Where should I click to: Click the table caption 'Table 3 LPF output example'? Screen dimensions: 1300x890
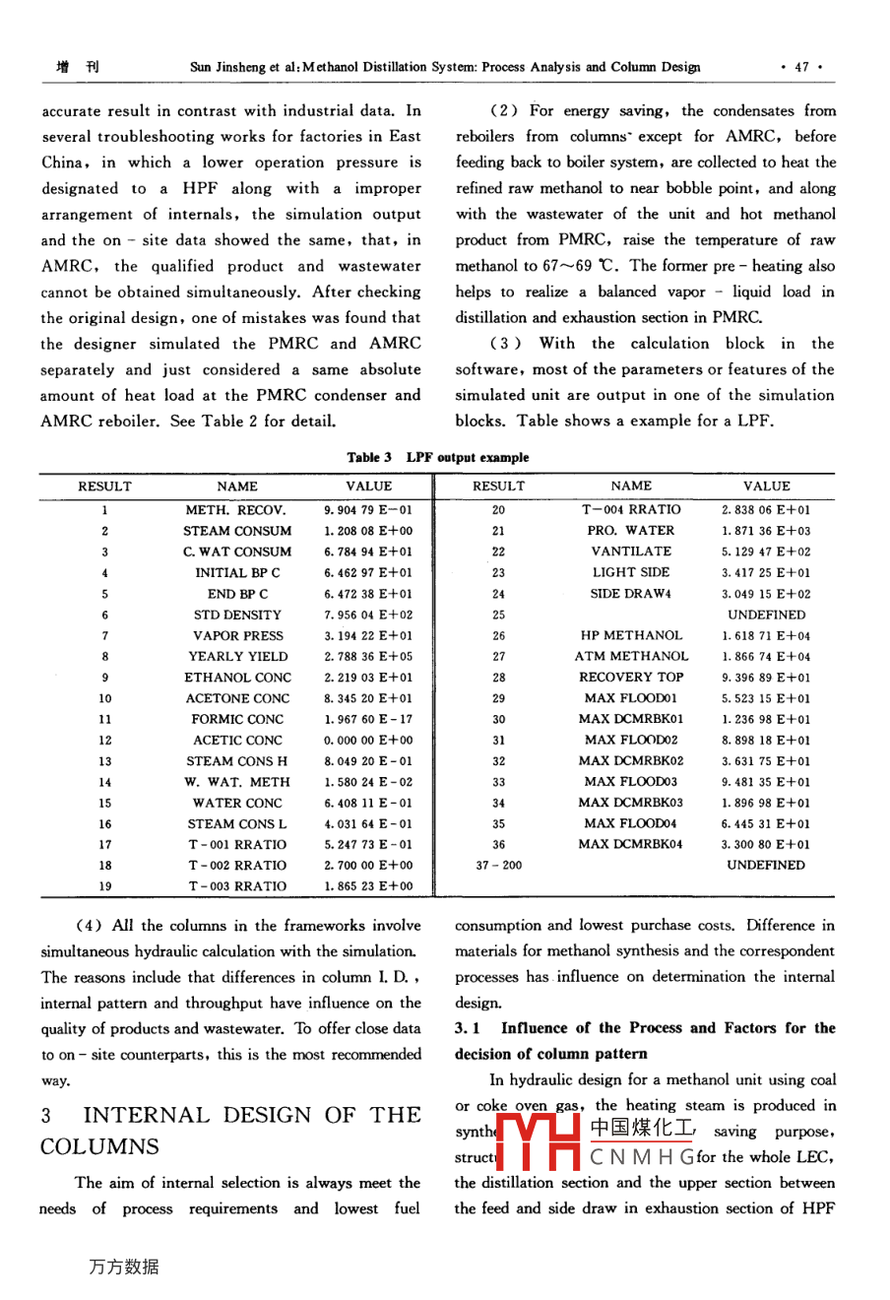[x=437, y=457]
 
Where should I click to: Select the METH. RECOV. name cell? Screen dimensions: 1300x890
[x=236, y=510]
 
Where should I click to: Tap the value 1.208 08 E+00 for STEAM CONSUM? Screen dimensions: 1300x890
[x=368, y=531]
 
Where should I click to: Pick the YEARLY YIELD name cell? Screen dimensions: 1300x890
[x=238, y=657]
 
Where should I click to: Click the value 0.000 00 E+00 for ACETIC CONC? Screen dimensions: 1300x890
[x=368, y=741]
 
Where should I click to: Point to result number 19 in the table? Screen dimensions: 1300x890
[x=105, y=886]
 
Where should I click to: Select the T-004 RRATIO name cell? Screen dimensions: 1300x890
[x=631, y=510]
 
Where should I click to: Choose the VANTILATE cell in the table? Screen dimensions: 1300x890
[x=631, y=552]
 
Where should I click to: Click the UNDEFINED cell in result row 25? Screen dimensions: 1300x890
[x=766, y=615]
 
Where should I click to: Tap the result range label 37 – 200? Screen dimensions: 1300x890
[x=499, y=866]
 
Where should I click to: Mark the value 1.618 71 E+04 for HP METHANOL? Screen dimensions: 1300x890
[x=766, y=636]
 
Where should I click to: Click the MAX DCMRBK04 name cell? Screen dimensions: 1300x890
[x=631, y=844]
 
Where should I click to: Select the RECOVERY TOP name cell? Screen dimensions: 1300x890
[x=631, y=678]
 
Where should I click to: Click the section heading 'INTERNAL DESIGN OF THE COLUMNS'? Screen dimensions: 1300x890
[x=230, y=1131]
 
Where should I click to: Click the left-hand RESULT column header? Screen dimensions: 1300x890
[x=105, y=487]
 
